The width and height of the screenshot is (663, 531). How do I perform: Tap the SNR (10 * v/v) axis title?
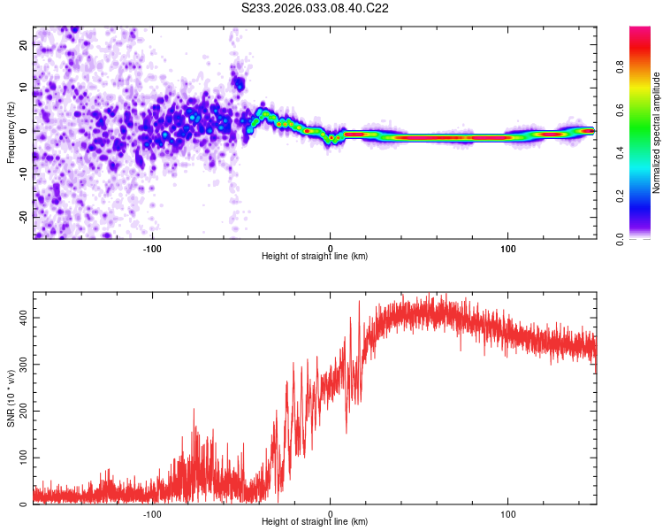pos(11,398)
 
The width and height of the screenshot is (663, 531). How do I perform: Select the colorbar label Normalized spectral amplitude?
pos(657,133)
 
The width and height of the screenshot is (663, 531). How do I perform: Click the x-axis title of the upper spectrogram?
pos(315,256)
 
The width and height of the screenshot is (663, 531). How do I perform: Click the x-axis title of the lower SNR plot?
pos(315,521)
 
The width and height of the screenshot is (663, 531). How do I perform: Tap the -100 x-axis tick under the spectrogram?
pos(152,247)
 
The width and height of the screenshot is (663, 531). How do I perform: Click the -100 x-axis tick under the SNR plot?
pos(152,512)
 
